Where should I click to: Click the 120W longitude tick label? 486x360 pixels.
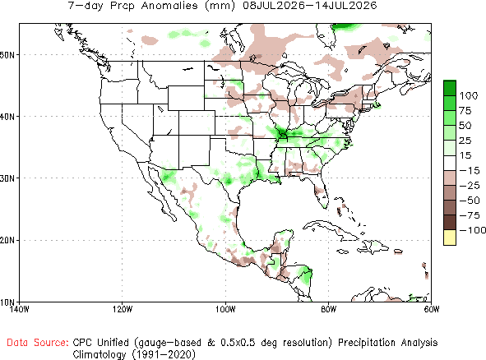[123, 309]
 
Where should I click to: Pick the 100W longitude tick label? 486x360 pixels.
[225, 309]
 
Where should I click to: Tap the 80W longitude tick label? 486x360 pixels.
[329, 309]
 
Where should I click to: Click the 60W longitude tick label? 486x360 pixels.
[432, 309]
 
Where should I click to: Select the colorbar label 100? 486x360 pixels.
[469, 95]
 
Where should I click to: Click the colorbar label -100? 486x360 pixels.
[473, 230]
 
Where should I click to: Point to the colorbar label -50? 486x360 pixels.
[470, 201]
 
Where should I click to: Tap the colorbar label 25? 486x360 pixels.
[465, 141]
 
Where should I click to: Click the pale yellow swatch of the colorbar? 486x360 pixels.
[450, 238]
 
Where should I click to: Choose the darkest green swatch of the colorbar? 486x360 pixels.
[450, 88]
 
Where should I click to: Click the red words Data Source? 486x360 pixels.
[38, 343]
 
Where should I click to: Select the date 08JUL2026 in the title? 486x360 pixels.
[274, 5]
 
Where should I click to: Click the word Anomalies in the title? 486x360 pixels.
[169, 5]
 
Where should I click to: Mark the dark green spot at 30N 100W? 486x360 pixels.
[229, 181]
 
